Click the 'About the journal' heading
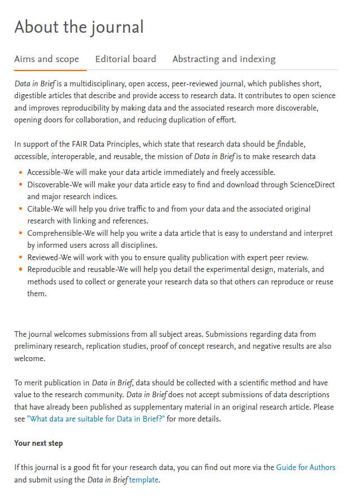[79, 27]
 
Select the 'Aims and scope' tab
[46, 59]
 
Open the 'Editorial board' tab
[125, 59]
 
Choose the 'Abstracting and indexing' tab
[223, 59]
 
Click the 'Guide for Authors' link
[305, 467]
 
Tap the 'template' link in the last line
[144, 480]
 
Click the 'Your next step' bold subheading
[38, 443]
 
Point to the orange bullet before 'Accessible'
[21, 172]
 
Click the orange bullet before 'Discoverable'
[21, 185]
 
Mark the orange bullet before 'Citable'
[21, 209]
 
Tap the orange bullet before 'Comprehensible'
[21, 233]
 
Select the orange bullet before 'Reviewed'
[21, 257]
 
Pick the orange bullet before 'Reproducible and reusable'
[21, 270]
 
